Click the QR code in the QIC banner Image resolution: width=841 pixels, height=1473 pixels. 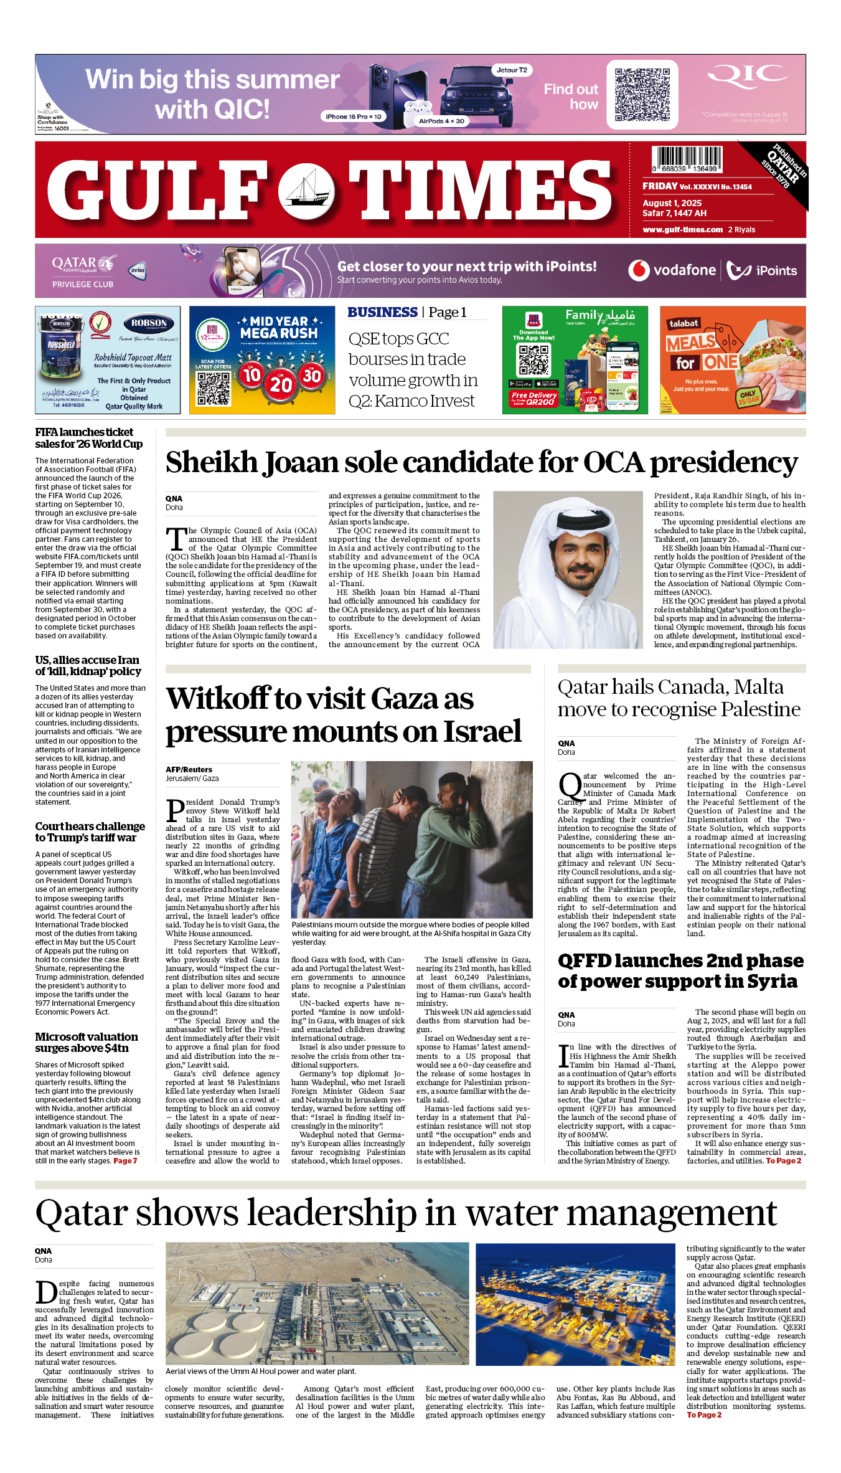pyautogui.click(x=642, y=94)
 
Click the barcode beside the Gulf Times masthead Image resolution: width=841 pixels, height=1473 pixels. pyautogui.click(x=687, y=159)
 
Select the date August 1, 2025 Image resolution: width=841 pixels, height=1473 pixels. pyautogui.click(x=672, y=203)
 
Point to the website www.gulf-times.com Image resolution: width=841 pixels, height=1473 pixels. pyautogui.click(x=682, y=230)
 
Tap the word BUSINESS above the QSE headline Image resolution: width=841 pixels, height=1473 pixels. pyautogui.click(x=382, y=313)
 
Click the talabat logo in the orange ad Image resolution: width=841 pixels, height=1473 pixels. pyautogui.click(x=684, y=323)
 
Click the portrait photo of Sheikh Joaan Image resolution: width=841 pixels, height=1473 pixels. pyautogui.click(x=568, y=569)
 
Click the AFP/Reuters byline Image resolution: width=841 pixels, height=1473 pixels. pyautogui.click(x=189, y=770)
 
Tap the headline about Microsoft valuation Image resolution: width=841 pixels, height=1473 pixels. pyautogui.click(x=87, y=1042)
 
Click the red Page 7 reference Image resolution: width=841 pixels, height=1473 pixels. pyautogui.click(x=125, y=1160)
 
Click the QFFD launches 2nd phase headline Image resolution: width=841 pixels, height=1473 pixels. pyautogui.click(x=680, y=970)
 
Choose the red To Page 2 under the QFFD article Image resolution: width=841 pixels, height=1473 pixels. pyautogui.click(x=783, y=1160)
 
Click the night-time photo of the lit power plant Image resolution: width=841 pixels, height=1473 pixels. pyautogui.click(x=575, y=1304)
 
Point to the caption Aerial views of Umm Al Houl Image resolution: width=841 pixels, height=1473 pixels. pyautogui.click(x=261, y=1371)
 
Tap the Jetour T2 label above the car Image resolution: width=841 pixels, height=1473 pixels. pyautogui.click(x=512, y=70)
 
